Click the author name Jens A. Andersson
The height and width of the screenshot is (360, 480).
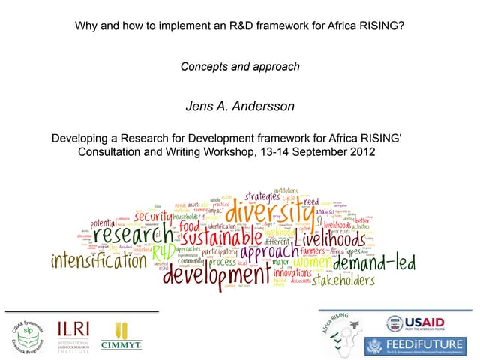pos(240,106)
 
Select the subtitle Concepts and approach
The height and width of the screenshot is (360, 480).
pos(240,67)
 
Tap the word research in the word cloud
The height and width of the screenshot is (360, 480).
pos(121,235)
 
